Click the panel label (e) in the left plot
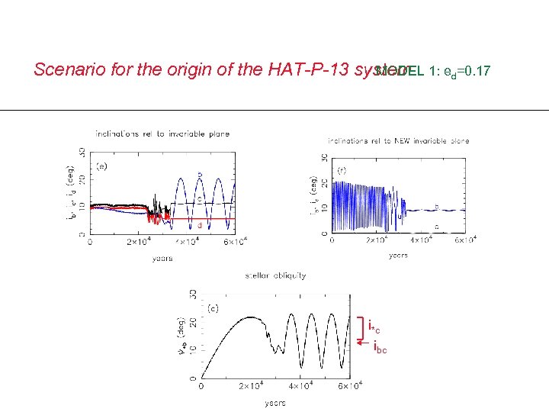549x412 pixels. tap(101, 164)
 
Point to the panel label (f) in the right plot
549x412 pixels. tap(341, 170)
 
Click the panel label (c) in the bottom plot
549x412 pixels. tap(214, 308)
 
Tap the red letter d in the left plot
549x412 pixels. tap(200, 225)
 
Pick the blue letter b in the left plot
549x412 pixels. tap(200, 175)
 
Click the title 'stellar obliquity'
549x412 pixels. tap(275, 275)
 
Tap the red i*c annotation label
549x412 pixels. tap(374, 328)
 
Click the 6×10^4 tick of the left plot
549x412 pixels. tap(233, 243)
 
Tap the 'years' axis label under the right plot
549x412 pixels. tap(398, 256)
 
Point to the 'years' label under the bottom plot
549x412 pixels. tap(275, 402)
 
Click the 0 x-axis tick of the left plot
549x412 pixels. tap(91, 243)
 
